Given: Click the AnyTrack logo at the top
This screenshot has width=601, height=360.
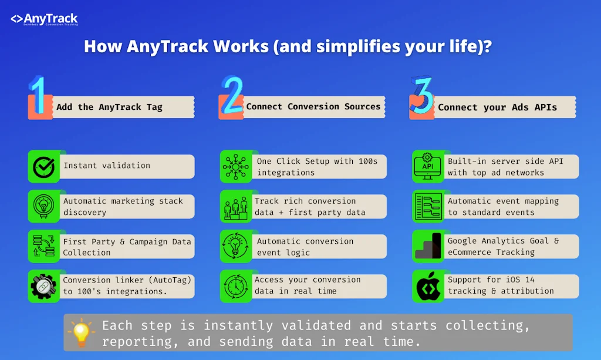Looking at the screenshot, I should point(44,20).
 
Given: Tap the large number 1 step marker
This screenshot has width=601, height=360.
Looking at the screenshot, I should point(38,96).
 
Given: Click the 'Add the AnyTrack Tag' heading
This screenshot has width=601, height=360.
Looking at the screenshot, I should point(109,107).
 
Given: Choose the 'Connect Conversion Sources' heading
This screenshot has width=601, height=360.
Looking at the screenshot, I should point(313,106).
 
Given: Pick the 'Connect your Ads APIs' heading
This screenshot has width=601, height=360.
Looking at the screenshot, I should point(497,107).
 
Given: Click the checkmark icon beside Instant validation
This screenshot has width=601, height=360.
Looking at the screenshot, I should point(43,166).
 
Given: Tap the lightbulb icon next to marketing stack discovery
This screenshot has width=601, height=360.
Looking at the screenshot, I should point(43,207).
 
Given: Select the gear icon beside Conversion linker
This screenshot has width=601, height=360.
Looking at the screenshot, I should point(43,286).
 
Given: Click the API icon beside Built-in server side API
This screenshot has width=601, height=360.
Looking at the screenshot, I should point(427,166).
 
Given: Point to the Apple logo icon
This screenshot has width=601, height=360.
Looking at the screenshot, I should point(427,286).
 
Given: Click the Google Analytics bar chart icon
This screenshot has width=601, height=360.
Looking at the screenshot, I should point(427,246).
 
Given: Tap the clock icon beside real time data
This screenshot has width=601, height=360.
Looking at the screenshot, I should point(235,286).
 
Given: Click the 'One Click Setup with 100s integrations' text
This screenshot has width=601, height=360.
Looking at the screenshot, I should point(317,167).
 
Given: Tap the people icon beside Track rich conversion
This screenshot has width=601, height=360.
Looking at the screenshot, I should point(235,207).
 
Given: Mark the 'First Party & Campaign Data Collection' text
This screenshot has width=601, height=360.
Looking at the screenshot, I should point(127,247).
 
